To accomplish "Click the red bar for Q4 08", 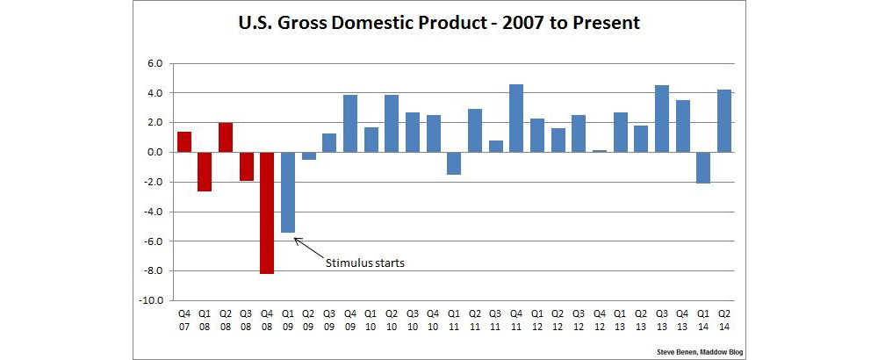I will pyautogui.click(x=267, y=212).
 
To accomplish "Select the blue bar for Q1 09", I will pyautogui.click(x=287, y=191).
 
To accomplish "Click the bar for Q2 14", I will pyautogui.click(x=725, y=120).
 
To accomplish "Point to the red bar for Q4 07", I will pyautogui.click(x=184, y=141).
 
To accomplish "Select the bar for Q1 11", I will pyautogui.click(x=454, y=162).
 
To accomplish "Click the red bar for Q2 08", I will pyautogui.click(x=226, y=137).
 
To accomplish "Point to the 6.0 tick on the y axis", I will pyautogui.click(x=155, y=63).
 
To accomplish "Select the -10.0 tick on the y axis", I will pyautogui.click(x=153, y=299).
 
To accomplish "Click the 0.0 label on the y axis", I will pyautogui.click(x=155, y=152).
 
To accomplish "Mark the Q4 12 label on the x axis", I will pyautogui.click(x=600, y=318).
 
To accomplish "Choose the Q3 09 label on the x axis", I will pyautogui.click(x=329, y=318).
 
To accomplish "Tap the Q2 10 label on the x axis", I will pyautogui.click(x=392, y=318).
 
